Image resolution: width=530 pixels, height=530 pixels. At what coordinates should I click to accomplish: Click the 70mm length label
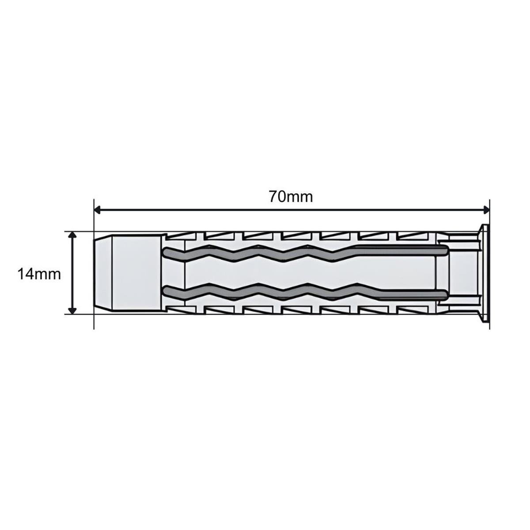click(291, 197)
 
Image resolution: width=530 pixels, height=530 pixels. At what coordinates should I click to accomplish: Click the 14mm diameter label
click(39, 274)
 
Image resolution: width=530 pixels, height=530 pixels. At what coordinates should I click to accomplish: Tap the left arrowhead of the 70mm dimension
click(97, 210)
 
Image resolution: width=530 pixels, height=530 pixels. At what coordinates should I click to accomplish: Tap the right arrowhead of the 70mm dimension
click(486, 210)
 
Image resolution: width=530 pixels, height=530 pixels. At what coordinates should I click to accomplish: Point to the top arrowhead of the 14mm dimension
click(72, 235)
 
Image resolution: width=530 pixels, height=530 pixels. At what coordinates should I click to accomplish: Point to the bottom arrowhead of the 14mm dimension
click(72, 310)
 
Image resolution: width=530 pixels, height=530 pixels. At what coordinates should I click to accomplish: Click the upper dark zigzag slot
click(305, 252)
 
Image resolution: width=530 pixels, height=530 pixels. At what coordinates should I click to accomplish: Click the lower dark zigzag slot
click(305, 293)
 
